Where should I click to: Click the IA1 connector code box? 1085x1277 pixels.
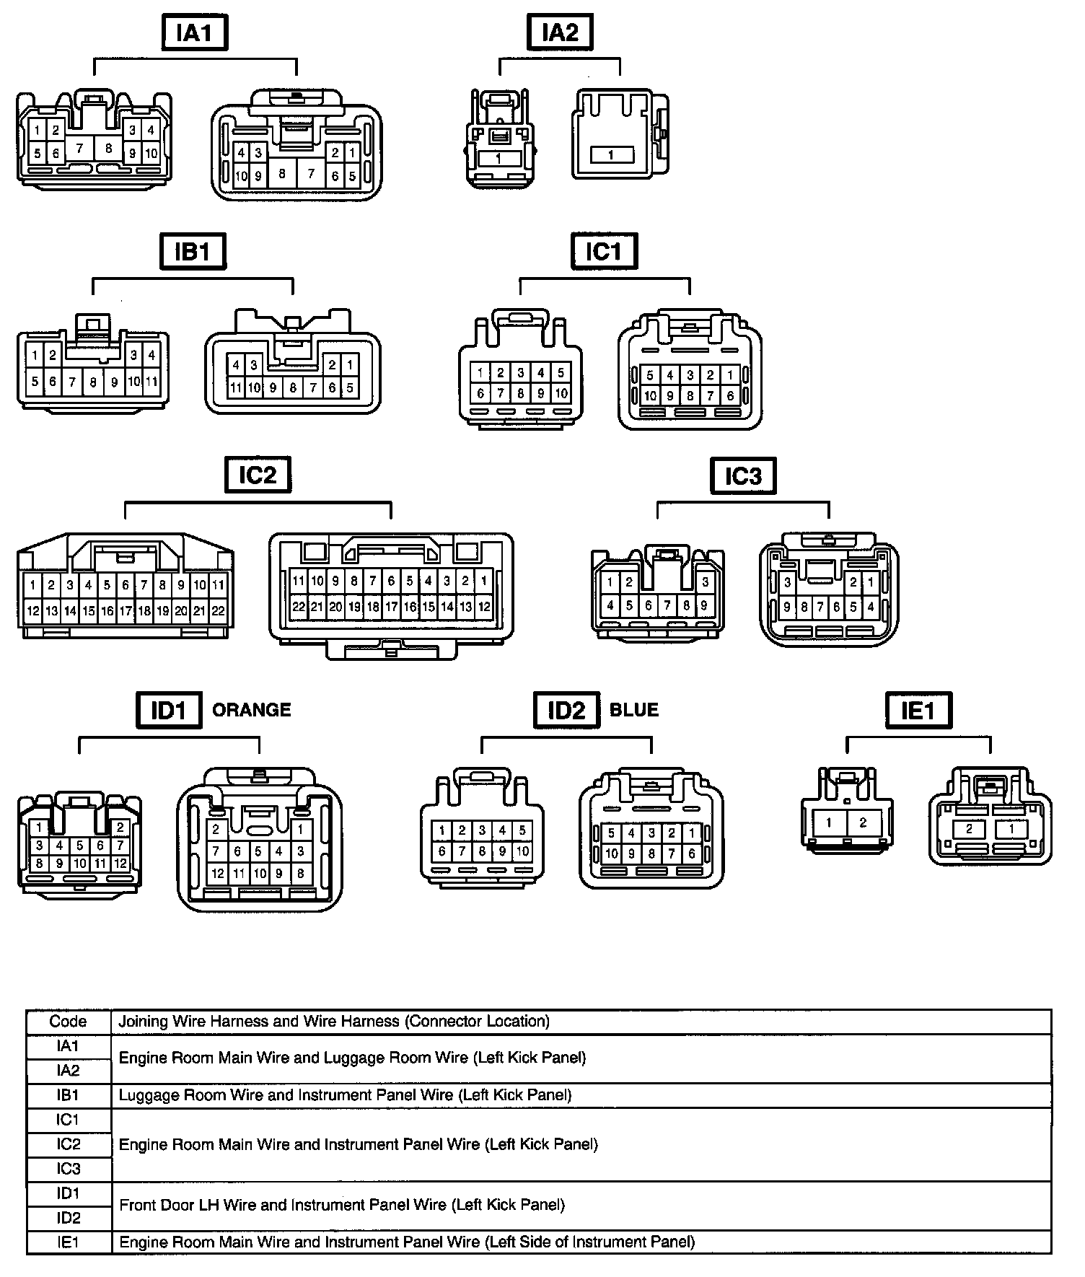[194, 33]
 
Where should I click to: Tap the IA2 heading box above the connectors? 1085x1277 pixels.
[560, 33]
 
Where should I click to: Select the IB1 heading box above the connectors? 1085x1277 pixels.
[193, 252]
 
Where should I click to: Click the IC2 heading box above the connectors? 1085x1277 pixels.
[258, 475]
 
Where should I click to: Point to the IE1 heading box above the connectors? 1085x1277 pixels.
[918, 711]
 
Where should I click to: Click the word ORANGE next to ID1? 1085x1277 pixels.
[252, 710]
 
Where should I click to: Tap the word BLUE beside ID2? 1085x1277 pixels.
[634, 710]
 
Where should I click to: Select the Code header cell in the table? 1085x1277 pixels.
[69, 1022]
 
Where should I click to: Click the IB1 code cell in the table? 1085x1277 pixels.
[69, 1095]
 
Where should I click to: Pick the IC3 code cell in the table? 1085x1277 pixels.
[69, 1169]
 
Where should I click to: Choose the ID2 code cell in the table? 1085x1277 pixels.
[69, 1218]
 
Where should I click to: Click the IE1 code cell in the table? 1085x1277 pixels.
[69, 1242]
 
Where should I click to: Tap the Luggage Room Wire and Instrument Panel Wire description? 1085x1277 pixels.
[345, 1095]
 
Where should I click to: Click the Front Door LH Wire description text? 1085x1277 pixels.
[342, 1205]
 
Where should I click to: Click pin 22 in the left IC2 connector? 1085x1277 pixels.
[218, 611]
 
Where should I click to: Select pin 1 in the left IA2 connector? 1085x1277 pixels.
[498, 158]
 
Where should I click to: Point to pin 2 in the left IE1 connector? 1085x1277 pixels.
[863, 822]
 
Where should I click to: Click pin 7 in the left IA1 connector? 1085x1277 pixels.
[80, 149]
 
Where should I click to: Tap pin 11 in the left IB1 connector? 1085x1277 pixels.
[151, 382]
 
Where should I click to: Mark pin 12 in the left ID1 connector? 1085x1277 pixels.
[120, 863]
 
